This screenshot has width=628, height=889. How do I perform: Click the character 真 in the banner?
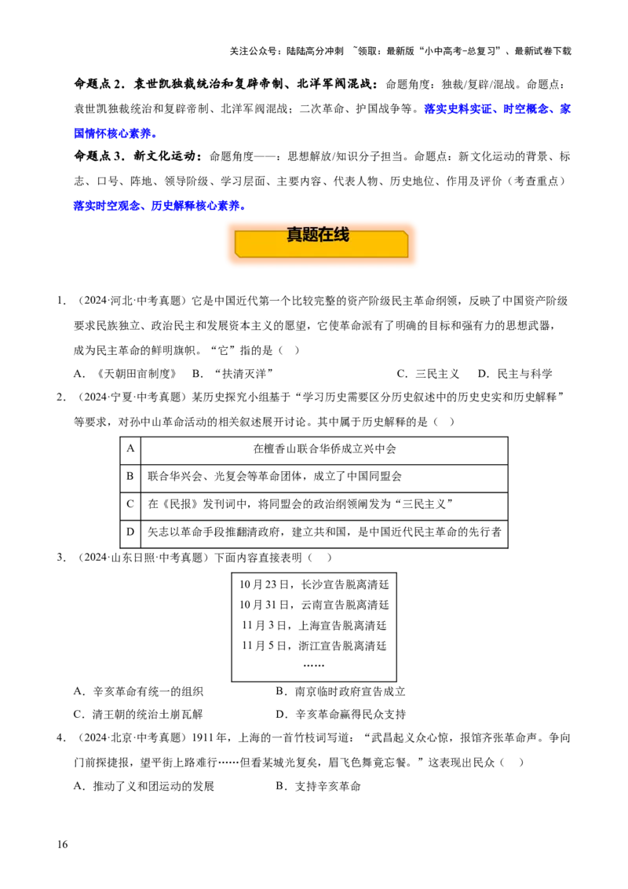click(294, 234)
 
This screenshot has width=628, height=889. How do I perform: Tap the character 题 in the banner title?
click(310, 234)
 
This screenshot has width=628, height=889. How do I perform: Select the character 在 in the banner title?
click(326, 234)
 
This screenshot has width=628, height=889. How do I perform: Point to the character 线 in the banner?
click(341, 234)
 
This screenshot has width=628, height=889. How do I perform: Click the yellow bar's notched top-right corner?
click(404, 234)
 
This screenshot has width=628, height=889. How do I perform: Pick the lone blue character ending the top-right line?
click(565, 109)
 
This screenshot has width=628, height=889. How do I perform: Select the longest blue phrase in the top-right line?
click(460, 109)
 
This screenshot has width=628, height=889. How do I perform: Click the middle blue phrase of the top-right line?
click(527, 109)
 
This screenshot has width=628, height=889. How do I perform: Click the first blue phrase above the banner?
click(106, 206)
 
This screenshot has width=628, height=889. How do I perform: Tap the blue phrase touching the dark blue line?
click(196, 206)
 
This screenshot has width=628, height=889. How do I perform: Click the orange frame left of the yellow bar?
click(229, 243)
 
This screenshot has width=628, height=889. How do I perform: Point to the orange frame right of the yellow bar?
click(414, 243)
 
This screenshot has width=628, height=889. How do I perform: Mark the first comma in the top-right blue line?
click(498, 112)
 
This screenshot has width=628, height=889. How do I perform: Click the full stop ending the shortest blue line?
click(154, 137)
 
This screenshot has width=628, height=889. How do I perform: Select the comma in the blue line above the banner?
click(144, 209)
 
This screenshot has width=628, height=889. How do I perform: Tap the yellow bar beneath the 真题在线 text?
click(322, 249)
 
